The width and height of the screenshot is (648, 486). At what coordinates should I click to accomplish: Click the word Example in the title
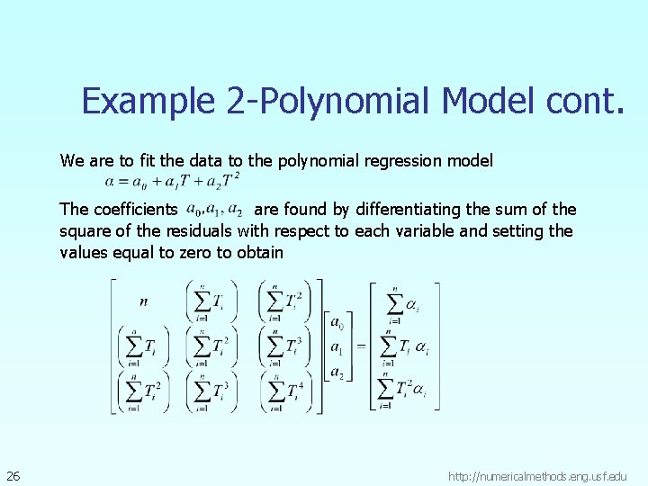click(148, 101)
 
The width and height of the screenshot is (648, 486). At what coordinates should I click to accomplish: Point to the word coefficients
click(135, 210)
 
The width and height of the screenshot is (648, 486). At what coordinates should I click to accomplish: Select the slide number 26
click(13, 475)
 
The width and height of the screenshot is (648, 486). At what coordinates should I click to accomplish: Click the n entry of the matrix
click(144, 301)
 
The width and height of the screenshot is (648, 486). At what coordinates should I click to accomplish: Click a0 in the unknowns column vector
click(336, 322)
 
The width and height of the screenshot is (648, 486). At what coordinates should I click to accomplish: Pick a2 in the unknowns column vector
click(336, 371)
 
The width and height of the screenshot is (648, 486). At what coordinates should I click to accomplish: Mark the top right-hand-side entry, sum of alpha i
click(403, 305)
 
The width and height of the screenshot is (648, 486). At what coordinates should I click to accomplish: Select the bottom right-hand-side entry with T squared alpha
click(402, 389)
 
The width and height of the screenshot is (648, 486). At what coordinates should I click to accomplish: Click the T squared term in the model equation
click(230, 182)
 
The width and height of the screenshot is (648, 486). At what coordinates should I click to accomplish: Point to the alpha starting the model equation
click(111, 182)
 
